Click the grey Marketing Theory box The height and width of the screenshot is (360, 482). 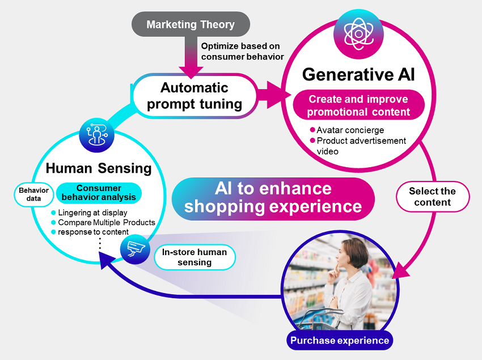pyautogui.click(x=191, y=24)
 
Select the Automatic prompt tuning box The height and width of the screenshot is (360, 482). pyautogui.click(x=194, y=96)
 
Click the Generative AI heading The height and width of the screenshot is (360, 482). pyautogui.click(x=358, y=74)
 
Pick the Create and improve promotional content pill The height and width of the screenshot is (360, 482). pyautogui.click(x=358, y=105)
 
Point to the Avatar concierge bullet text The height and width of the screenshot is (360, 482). pyautogui.click(x=350, y=130)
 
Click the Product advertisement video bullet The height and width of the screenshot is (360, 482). pyautogui.click(x=361, y=146)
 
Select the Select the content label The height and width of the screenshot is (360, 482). pyautogui.click(x=432, y=197)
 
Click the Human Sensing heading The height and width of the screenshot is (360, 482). pyautogui.click(x=99, y=168)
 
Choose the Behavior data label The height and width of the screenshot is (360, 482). pyautogui.click(x=33, y=194)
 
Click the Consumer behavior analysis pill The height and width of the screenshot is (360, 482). pyautogui.click(x=99, y=193)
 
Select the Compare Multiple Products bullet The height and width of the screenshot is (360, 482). pyautogui.click(x=106, y=222)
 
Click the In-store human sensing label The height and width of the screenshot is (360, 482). pyautogui.click(x=195, y=257)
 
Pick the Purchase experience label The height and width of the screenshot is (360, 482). pyautogui.click(x=340, y=340)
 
